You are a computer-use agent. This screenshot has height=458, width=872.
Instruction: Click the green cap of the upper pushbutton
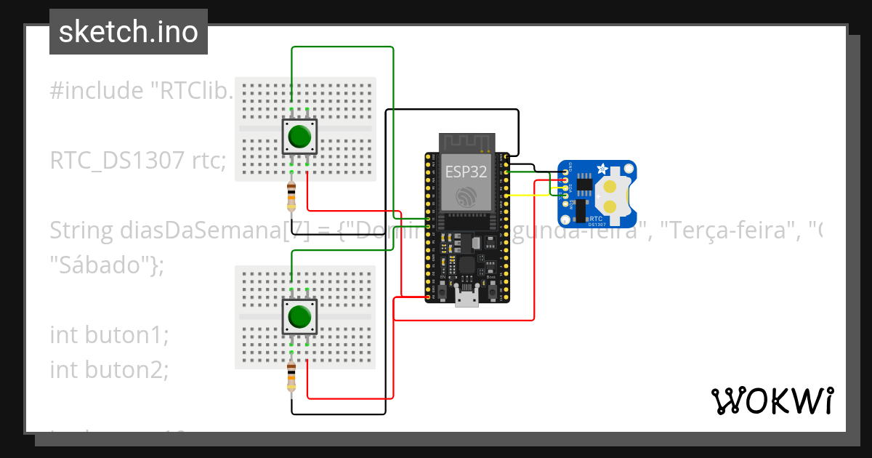click(x=300, y=137)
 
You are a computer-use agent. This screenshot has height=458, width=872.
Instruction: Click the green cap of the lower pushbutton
click(x=299, y=317)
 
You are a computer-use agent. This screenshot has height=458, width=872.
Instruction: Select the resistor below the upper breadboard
click(x=291, y=194)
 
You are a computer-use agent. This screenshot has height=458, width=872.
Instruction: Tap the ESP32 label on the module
click(x=466, y=172)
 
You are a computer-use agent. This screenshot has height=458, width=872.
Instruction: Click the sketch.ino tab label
click(x=128, y=32)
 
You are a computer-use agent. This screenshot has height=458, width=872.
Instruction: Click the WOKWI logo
click(x=772, y=401)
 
